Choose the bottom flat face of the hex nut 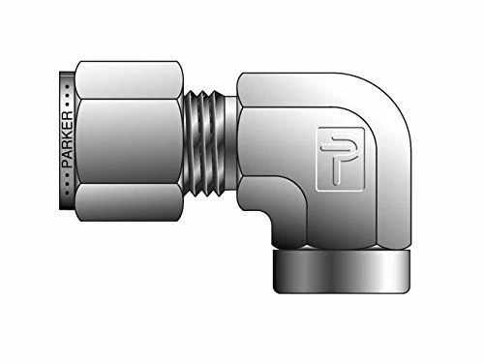[126, 204]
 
